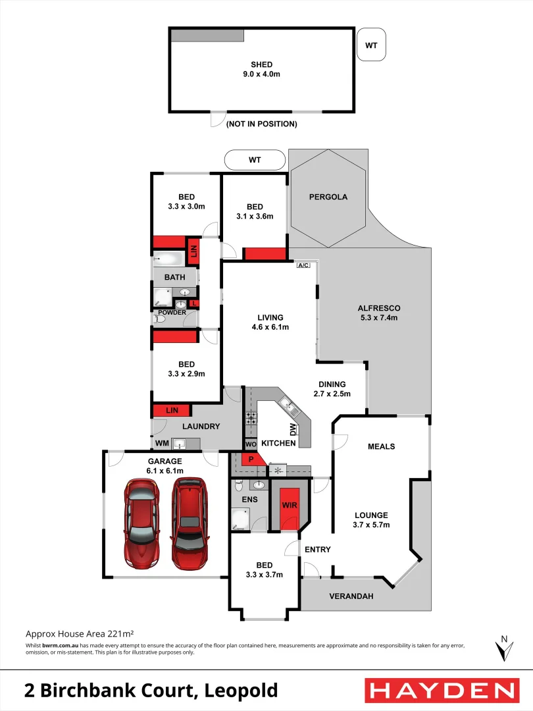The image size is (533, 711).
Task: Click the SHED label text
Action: [x=261, y=65]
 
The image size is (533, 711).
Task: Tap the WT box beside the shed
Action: [x=371, y=45]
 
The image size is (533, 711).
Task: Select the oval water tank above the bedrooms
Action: [x=255, y=160]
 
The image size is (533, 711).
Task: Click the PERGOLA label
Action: [x=328, y=197]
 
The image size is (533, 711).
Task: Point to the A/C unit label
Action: [x=303, y=266]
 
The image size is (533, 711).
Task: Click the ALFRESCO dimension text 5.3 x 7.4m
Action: [x=378, y=317]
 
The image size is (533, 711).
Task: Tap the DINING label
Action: [x=332, y=384]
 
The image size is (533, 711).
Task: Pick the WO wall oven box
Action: [x=250, y=444]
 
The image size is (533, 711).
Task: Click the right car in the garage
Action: [x=190, y=523]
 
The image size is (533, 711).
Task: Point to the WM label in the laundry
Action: [x=162, y=444]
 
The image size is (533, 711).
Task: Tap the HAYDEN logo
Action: [x=440, y=691]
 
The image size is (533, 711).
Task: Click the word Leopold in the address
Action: [x=241, y=691]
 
